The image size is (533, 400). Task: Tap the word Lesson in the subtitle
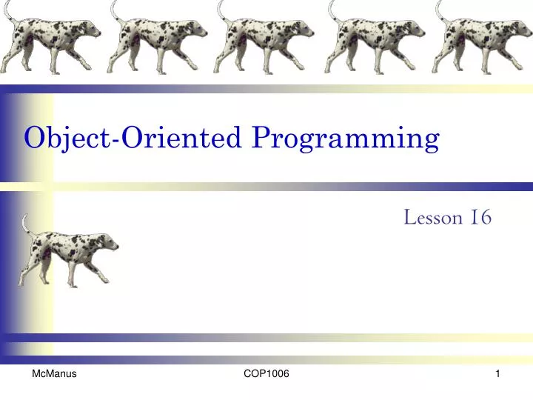[x=434, y=218]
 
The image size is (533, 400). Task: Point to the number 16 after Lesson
[x=480, y=218]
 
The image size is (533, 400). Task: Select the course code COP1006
[x=266, y=376]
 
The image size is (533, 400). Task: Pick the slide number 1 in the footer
[x=498, y=376]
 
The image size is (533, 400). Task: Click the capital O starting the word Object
[x=34, y=138]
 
